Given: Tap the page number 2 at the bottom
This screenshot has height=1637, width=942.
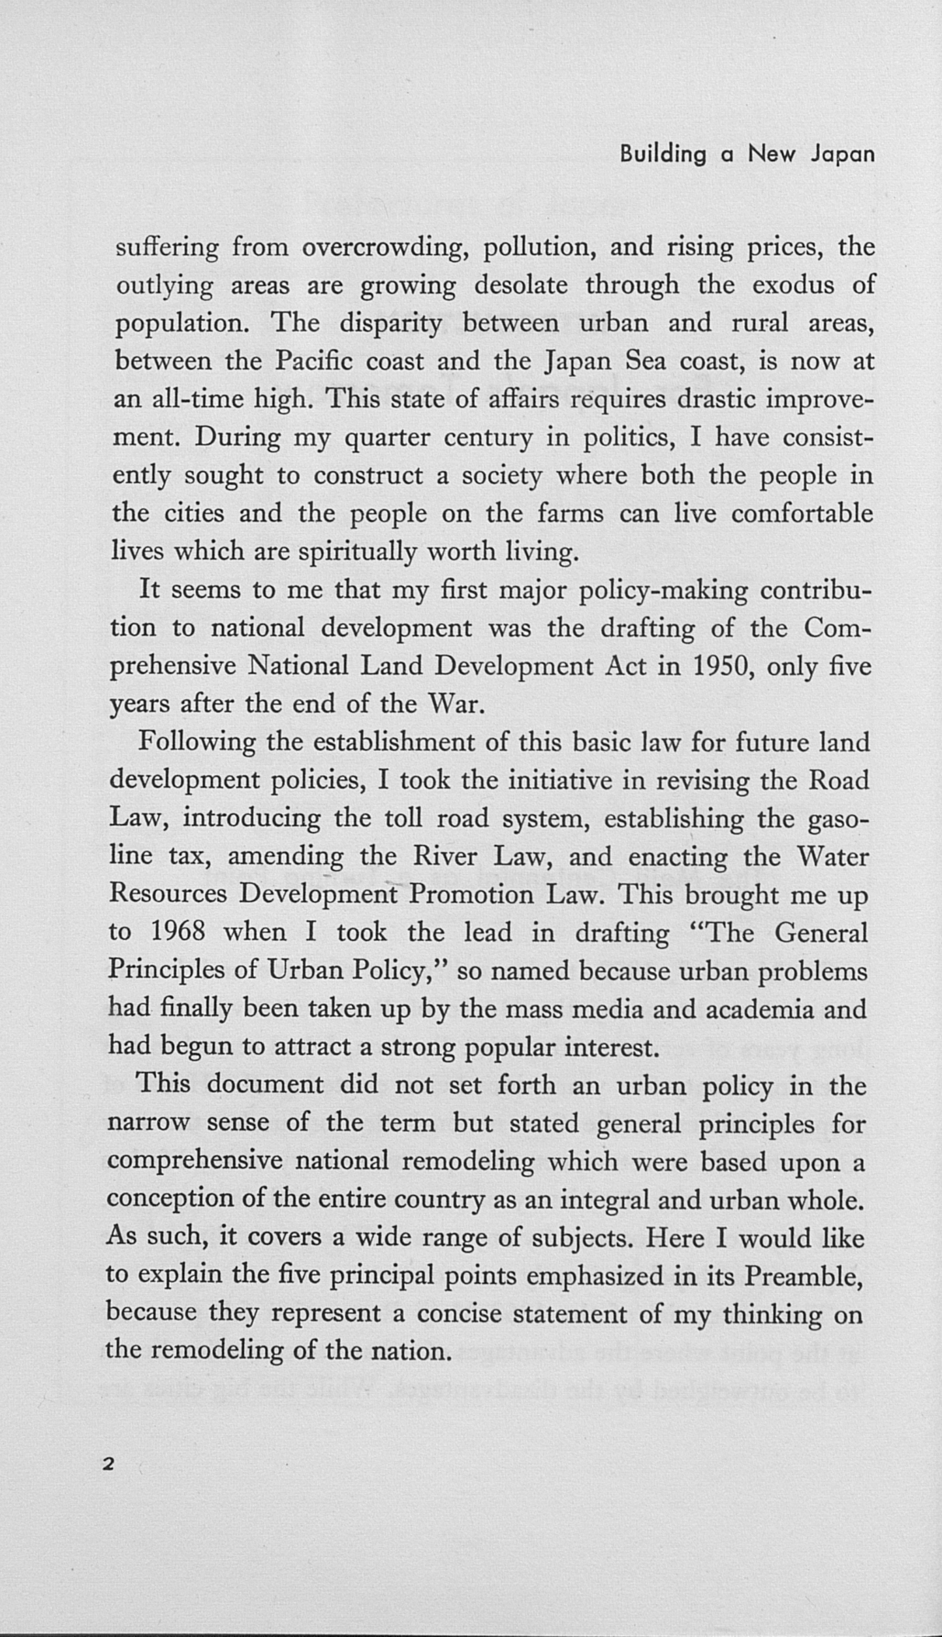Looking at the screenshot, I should (x=108, y=1463).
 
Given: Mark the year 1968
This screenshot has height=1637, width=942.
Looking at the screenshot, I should (x=178, y=932).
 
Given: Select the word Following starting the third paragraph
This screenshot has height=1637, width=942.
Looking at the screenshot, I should (x=197, y=742).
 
